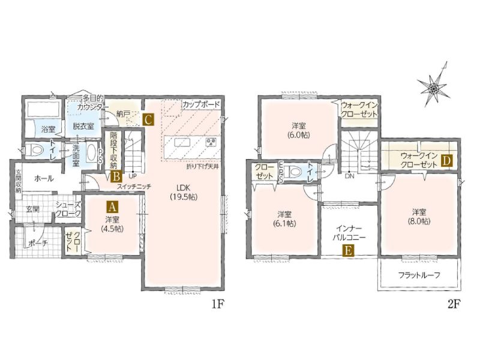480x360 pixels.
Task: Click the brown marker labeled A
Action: point(112,207)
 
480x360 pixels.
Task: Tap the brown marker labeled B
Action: point(116,176)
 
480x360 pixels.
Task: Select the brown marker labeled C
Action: point(148,119)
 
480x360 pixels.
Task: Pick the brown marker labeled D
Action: point(447,160)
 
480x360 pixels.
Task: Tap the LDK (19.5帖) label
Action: point(184,192)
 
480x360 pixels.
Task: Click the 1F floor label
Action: point(218,304)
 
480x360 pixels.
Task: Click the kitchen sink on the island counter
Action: point(182,143)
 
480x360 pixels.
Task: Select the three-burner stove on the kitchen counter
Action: point(211,142)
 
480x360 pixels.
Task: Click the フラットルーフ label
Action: point(419,275)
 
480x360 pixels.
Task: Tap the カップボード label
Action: point(201,104)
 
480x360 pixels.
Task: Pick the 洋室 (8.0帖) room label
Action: point(419,217)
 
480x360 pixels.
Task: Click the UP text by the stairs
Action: point(133,176)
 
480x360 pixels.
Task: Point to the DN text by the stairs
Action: point(349,176)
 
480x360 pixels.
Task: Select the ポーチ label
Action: point(38,244)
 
